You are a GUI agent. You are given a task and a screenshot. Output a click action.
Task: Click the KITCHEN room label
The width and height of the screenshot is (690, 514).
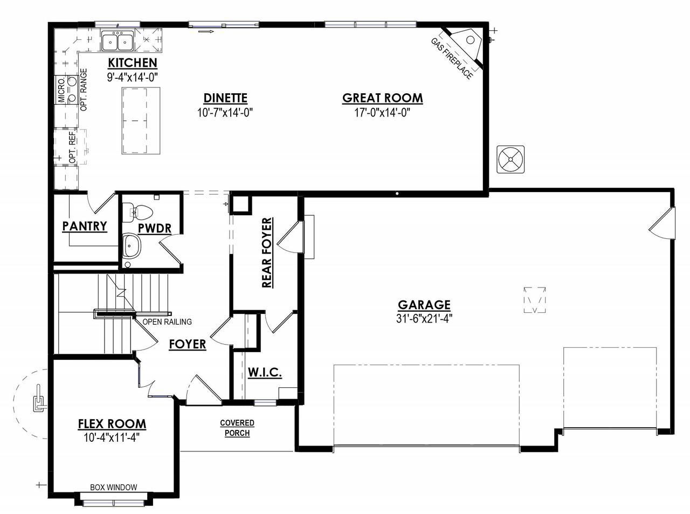133,63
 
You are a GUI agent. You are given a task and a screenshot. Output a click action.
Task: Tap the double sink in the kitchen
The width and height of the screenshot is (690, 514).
118,41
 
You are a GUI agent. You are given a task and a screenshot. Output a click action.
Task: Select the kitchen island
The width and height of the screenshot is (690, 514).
141,121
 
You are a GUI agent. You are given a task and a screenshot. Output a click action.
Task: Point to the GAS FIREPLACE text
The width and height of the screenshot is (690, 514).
452,59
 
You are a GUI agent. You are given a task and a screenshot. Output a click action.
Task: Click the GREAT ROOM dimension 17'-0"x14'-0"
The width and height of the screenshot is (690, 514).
382,112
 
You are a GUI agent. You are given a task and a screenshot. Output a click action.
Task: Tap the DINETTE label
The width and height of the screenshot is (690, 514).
225,98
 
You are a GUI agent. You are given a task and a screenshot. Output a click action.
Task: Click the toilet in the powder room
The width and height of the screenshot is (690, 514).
137,212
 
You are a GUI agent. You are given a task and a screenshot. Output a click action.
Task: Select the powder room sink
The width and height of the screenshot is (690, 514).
132,245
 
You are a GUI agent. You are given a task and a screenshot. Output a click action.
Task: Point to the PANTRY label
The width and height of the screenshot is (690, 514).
85,226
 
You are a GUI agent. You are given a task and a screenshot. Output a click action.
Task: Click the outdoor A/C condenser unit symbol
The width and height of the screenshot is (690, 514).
510,160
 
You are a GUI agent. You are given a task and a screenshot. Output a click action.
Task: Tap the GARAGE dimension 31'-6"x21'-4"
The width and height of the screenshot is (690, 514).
424,319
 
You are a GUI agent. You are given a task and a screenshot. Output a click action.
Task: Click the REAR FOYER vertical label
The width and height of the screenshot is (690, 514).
267,253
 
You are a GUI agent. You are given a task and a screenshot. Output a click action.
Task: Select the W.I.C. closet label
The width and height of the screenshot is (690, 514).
265,372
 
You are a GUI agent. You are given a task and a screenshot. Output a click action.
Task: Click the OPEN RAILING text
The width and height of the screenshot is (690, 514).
167,321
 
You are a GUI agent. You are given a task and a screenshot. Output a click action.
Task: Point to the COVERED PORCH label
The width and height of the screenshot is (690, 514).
237,428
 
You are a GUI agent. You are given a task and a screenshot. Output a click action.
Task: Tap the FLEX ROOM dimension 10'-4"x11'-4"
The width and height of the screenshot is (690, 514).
112,437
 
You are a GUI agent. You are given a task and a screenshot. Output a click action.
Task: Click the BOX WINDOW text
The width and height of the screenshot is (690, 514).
114,487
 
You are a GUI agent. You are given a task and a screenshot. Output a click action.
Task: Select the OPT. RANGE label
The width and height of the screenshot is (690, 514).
84,90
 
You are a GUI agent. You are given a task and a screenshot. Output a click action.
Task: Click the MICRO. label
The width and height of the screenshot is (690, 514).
61,90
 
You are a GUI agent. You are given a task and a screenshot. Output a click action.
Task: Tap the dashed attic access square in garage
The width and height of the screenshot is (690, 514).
535,300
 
